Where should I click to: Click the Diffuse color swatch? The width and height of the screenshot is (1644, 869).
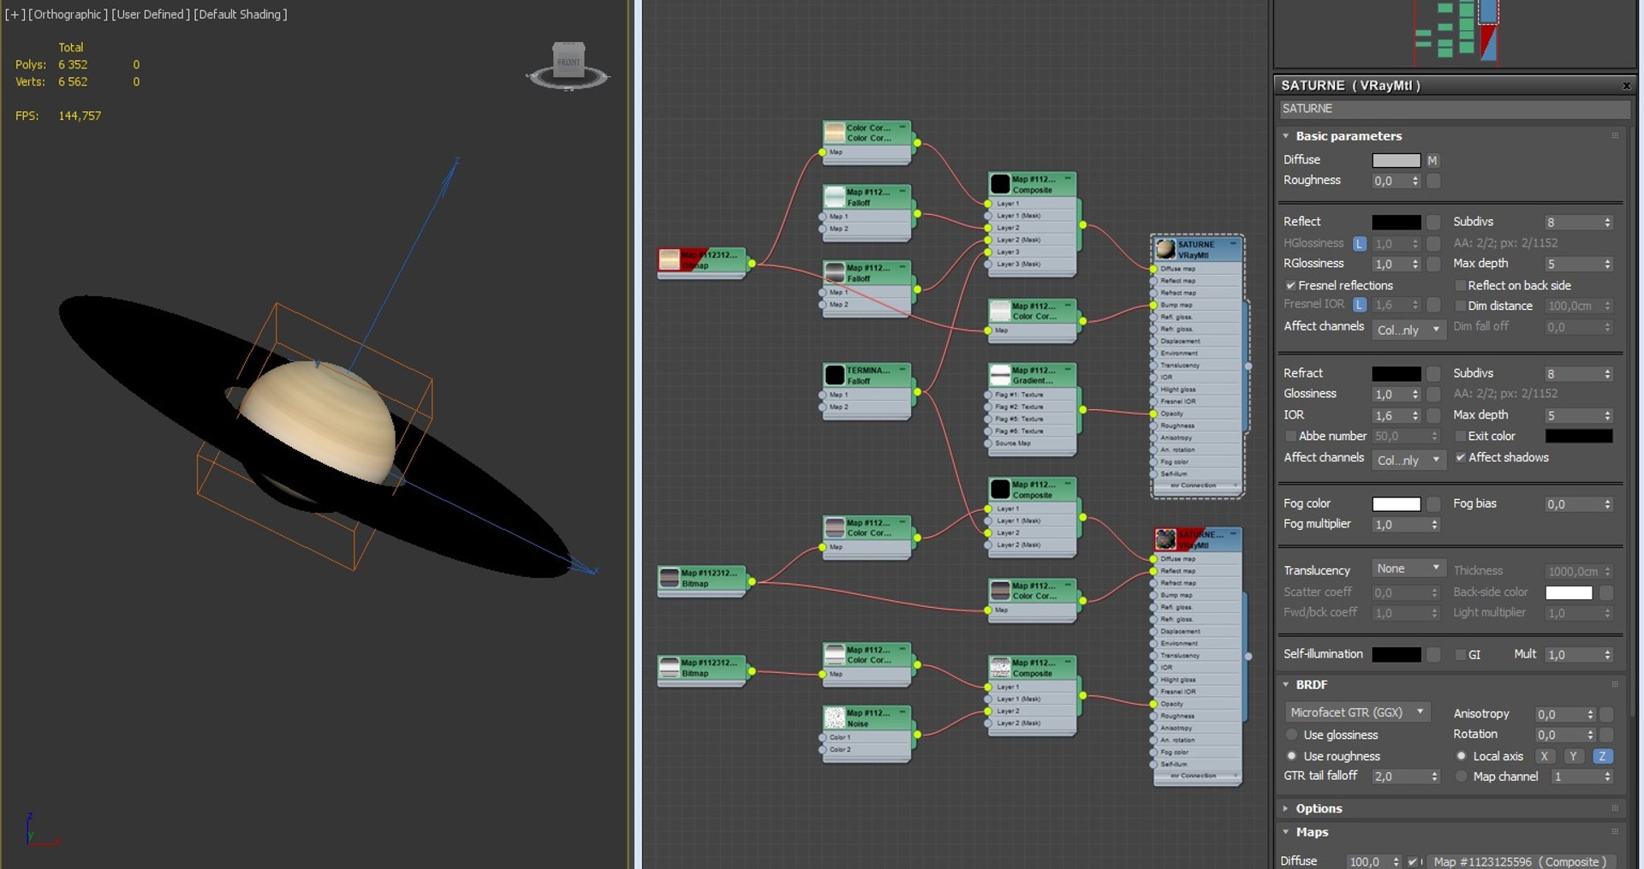1396,160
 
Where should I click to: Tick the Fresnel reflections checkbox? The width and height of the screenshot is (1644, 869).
1290,285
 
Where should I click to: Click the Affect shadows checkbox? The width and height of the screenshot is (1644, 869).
1461,457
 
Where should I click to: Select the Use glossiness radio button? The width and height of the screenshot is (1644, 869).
1292,735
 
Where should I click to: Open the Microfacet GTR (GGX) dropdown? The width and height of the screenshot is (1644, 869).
1357,712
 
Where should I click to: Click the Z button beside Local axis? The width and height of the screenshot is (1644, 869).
1602,756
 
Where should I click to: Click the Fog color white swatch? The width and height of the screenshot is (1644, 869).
1396,504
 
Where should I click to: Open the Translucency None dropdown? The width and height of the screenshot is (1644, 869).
1408,568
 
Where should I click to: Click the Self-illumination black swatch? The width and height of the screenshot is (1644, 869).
1396,654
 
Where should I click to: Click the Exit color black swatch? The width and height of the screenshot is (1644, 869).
1579,436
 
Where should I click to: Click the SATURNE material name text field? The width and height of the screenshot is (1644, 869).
1454,109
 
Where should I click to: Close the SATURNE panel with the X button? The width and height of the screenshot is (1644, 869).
1626,86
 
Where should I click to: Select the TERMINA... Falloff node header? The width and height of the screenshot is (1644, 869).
867,375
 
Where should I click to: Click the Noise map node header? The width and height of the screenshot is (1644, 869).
867,717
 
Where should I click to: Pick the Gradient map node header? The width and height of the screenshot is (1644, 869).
1032,375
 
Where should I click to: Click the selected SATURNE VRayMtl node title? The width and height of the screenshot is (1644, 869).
1197,249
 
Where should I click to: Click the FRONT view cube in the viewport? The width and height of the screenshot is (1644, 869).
569,62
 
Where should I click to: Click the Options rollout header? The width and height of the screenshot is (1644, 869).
1319,808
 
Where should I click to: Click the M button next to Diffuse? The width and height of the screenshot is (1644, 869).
1433,160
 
